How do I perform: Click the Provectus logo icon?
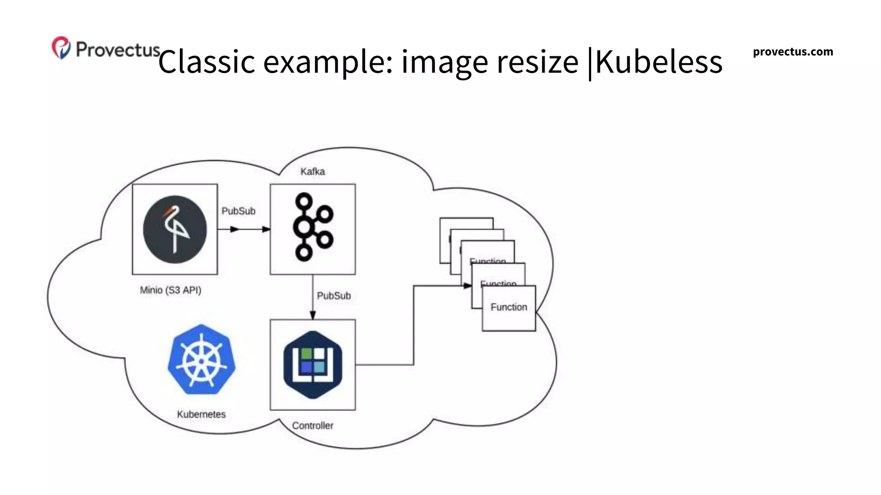pyautogui.click(x=61, y=48)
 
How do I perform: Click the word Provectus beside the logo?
pyautogui.click(x=118, y=49)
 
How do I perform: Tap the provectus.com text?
pyautogui.click(x=792, y=52)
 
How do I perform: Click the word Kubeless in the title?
pyautogui.click(x=658, y=61)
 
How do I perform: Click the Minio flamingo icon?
pyautogui.click(x=175, y=229)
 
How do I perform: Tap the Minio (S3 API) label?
pyautogui.click(x=170, y=290)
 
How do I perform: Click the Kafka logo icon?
pyautogui.click(x=312, y=227)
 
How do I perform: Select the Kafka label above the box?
pyautogui.click(x=312, y=171)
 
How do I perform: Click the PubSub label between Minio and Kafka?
pyautogui.click(x=238, y=211)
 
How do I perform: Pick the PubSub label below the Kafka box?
pyautogui.click(x=334, y=296)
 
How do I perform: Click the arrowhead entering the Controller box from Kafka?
pyautogui.click(x=313, y=315)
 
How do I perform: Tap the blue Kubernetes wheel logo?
pyautogui.click(x=201, y=360)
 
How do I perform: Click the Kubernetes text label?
pyautogui.click(x=201, y=414)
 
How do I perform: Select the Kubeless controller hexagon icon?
pyautogui.click(x=313, y=364)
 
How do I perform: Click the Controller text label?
pyautogui.click(x=313, y=425)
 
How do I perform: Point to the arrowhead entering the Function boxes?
pyautogui.click(x=468, y=286)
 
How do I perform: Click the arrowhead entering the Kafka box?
pyautogui.click(x=266, y=229)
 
